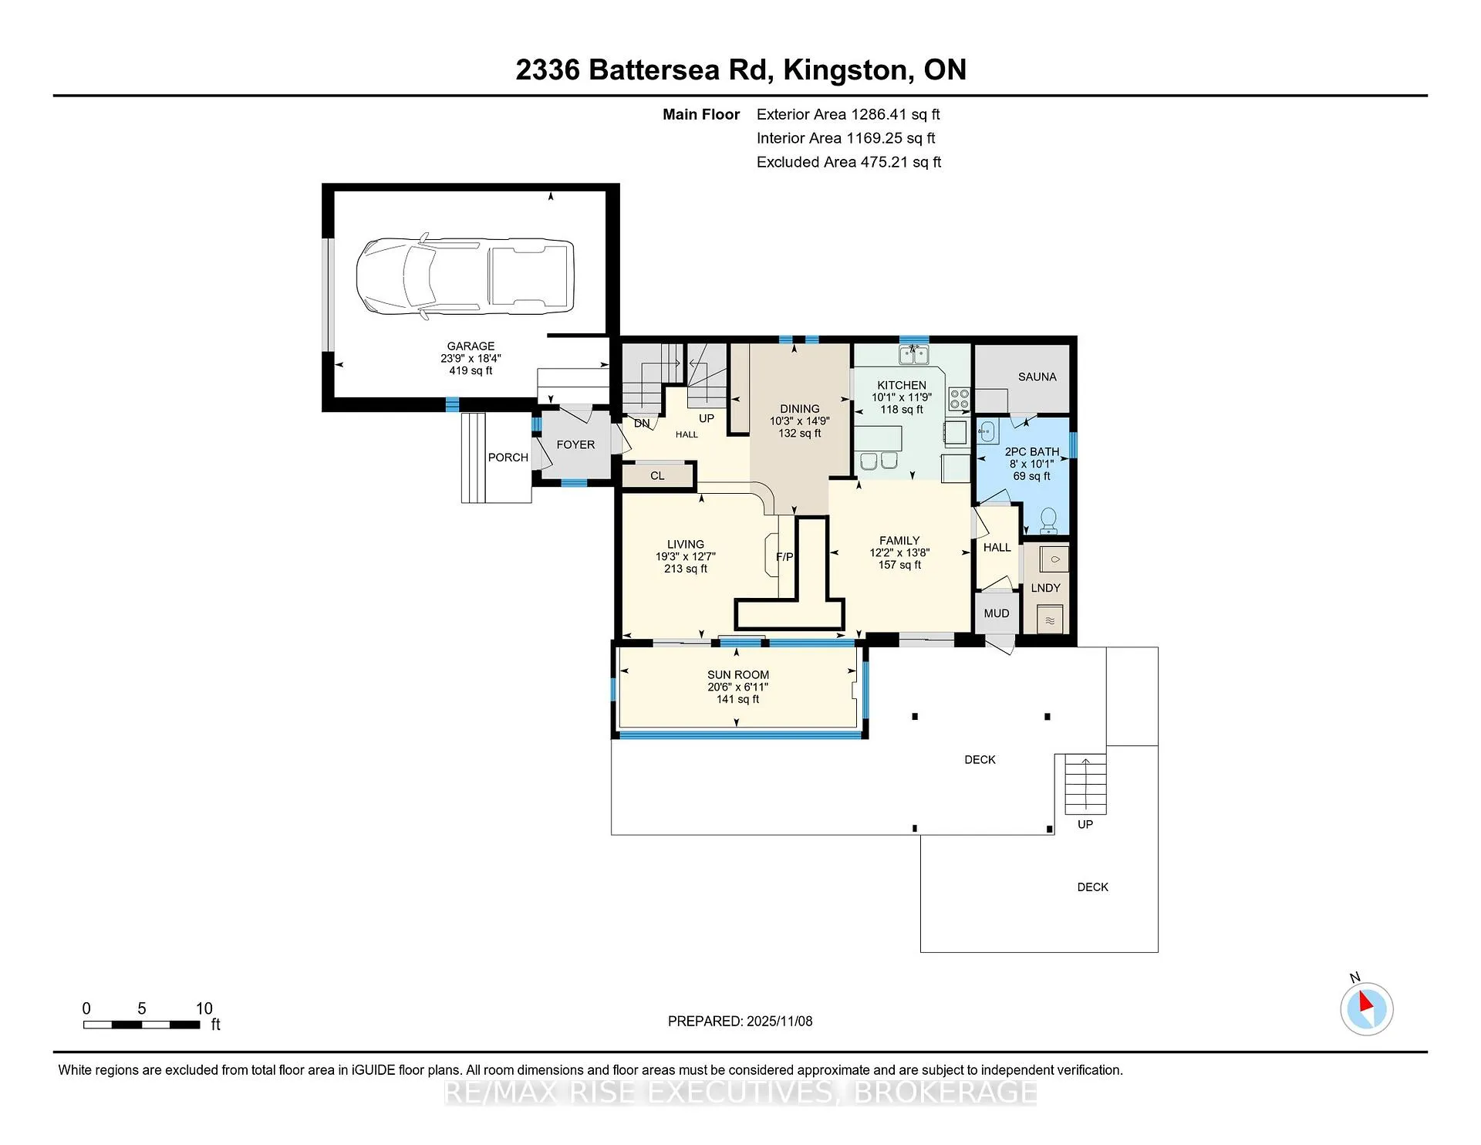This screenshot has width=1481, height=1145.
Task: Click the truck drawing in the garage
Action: click(x=465, y=275)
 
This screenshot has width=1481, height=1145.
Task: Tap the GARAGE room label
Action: click(x=471, y=346)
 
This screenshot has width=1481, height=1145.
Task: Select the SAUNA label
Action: click(x=1037, y=377)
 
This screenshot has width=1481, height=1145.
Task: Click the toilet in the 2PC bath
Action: click(x=1048, y=521)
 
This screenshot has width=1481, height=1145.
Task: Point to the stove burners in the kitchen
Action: click(x=960, y=399)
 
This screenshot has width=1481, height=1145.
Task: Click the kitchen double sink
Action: click(x=914, y=354)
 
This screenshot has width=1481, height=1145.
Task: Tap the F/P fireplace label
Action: click(x=784, y=557)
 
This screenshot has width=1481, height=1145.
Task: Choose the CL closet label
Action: click(x=657, y=476)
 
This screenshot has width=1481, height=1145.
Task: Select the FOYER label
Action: click(x=575, y=445)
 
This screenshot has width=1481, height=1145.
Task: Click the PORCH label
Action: click(x=508, y=458)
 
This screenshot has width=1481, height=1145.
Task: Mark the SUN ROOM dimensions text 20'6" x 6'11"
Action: click(x=738, y=687)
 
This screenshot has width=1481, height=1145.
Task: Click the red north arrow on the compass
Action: click(x=1365, y=1001)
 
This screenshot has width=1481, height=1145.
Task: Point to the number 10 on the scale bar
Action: click(x=204, y=1008)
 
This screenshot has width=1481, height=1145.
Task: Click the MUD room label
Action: click(x=997, y=614)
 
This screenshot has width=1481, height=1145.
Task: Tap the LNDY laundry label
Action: click(x=1046, y=588)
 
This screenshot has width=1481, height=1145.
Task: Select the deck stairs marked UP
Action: click(x=1085, y=784)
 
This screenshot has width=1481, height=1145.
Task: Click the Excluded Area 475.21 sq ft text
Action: click(x=848, y=162)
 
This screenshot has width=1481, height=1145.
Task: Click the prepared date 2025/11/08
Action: click(x=779, y=1022)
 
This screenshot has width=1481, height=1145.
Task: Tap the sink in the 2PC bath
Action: click(x=988, y=431)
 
